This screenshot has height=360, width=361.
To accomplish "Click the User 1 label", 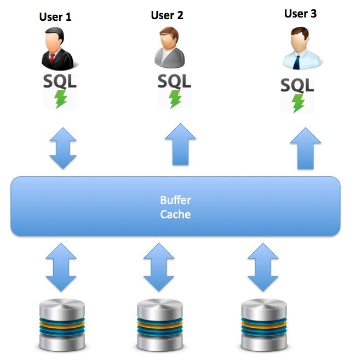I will tap(55, 17).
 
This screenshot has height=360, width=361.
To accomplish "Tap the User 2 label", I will tap(167, 15).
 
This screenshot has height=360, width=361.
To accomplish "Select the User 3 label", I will tap(300, 14).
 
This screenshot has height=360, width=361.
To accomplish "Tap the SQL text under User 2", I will tap(175, 81).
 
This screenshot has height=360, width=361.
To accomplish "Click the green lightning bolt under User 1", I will tap(60, 99).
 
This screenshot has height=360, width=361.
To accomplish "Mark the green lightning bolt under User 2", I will tap(175, 98).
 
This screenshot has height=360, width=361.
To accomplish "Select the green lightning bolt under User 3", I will tap(298, 102).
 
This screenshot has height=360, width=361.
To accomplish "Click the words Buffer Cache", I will tap(175, 207).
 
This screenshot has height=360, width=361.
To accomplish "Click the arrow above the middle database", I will tap(159, 266).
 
